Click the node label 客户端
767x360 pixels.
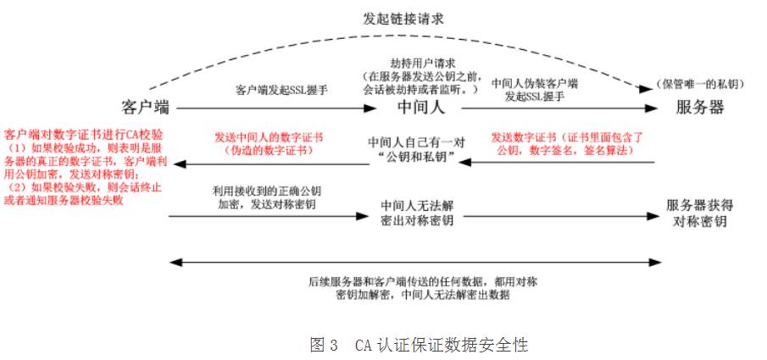coord(145,108)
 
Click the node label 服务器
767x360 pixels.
coord(699,108)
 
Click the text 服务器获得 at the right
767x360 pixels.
coord(699,206)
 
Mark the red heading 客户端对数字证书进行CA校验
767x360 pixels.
coord(84,134)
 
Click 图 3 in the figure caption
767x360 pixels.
coord(324,345)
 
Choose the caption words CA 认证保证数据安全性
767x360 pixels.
coord(441,345)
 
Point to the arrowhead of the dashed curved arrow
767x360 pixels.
coord(651,86)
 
